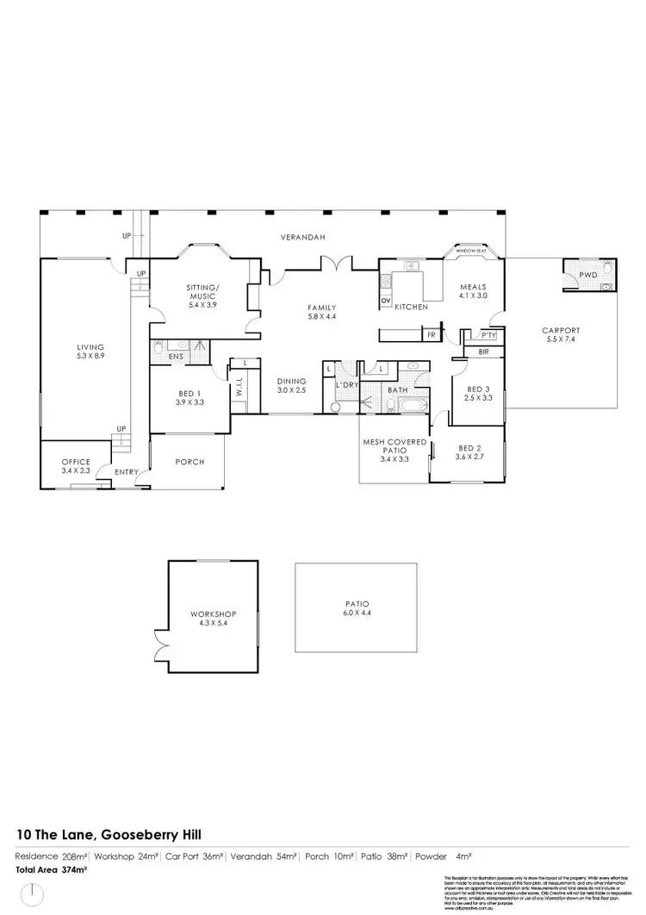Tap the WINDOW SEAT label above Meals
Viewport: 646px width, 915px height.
471,250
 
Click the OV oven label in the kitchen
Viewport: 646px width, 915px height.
384,300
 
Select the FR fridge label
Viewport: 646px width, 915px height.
431,333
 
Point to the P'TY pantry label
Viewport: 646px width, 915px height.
488,334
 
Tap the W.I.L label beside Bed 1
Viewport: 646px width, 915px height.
239,389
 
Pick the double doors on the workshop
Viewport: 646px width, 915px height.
158,638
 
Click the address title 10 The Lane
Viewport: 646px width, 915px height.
110,835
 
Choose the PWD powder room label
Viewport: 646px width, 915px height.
588,275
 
